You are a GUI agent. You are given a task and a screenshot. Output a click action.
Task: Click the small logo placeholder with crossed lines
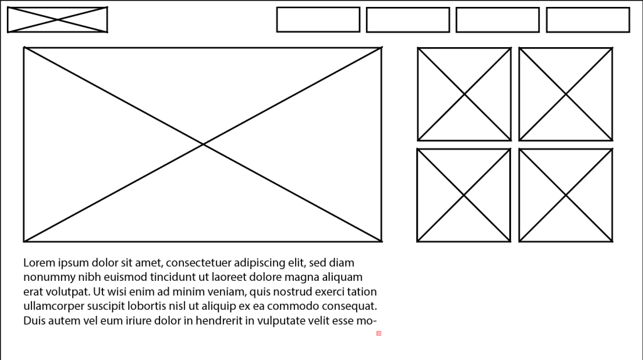[57, 19]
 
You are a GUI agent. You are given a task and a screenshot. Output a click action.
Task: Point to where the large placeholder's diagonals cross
[203, 145]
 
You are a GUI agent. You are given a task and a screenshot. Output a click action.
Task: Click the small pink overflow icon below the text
[379, 334]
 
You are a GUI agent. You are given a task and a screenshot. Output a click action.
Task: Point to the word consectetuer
[198, 263]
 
